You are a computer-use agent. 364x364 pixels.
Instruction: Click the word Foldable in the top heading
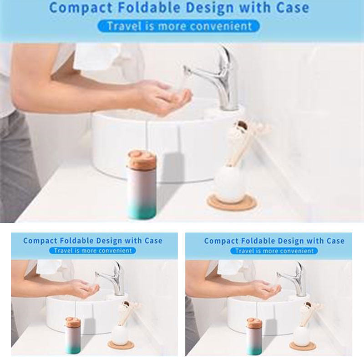click(x=149, y=8)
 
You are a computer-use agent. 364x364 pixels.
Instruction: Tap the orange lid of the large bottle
click(x=141, y=159)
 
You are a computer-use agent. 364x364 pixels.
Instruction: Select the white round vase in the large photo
click(x=230, y=183)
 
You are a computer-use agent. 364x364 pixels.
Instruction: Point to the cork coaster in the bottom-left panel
click(x=121, y=345)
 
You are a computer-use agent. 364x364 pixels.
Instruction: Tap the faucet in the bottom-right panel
click(x=294, y=279)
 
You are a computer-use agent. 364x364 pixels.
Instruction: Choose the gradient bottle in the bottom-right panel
click(x=254, y=336)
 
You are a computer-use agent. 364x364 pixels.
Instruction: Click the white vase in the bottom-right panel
click(x=301, y=334)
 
